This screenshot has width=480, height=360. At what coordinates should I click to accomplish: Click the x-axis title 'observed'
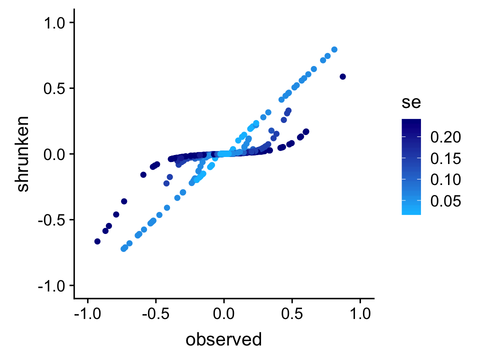pyautogui.click(x=223, y=340)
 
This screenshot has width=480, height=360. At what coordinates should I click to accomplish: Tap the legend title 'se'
pyautogui.click(x=410, y=103)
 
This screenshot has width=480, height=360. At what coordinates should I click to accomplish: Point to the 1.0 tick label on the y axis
pyautogui.click(x=56, y=23)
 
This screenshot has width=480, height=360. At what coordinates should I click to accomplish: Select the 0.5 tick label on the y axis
pyautogui.click(x=56, y=88)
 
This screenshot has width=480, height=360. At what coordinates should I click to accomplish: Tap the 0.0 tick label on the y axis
pyautogui.click(x=56, y=154)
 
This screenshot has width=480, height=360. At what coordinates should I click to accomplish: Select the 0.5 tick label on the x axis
pyautogui.click(x=292, y=315)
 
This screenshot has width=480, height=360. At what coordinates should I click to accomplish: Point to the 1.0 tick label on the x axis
pyautogui.click(x=360, y=315)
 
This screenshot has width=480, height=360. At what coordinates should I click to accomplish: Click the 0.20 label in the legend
pyautogui.click(x=442, y=137)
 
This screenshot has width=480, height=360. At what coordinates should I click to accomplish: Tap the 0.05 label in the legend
pyautogui.click(x=442, y=201)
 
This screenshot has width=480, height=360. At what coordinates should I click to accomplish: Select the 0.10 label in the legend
pyautogui.click(x=442, y=179)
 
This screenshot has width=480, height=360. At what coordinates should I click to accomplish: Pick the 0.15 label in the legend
pyautogui.click(x=442, y=158)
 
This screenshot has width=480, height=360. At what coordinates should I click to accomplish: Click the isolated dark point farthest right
pyautogui.click(x=342, y=76)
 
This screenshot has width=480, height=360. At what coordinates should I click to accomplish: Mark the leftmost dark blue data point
pyautogui.click(x=97, y=241)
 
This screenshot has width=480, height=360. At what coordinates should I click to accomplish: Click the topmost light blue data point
pyautogui.click(x=334, y=49)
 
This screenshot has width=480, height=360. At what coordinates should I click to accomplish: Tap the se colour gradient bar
pyautogui.click(x=410, y=166)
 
